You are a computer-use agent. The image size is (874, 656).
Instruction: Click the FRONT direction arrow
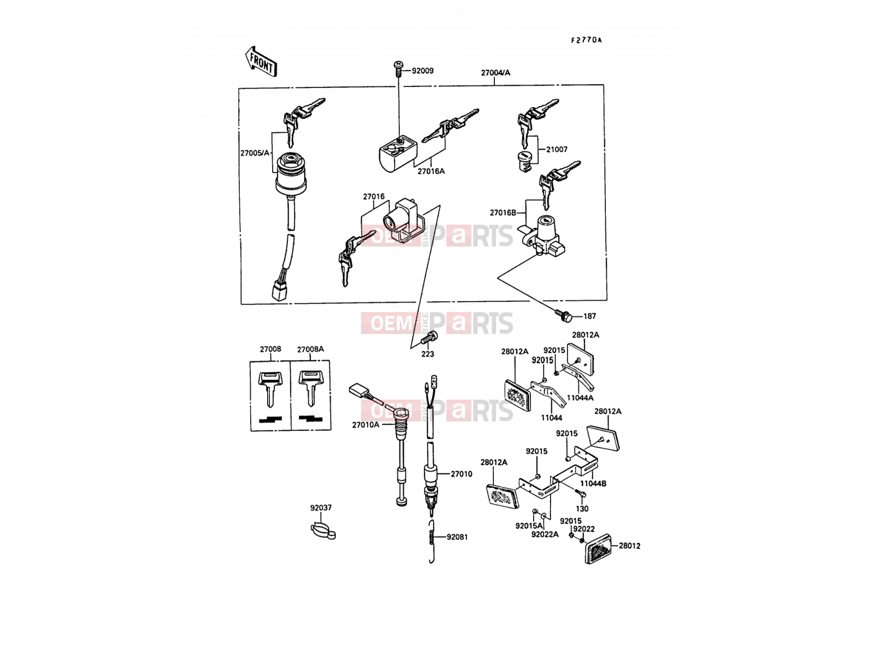pyautogui.click(x=261, y=62)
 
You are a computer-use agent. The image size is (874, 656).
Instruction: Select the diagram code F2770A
pyautogui.click(x=586, y=40)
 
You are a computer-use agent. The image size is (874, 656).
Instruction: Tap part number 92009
pyautogui.click(x=422, y=71)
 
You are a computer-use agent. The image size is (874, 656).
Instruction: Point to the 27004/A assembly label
pyautogui.click(x=495, y=73)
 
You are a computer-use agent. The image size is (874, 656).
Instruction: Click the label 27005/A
pyautogui.click(x=255, y=153)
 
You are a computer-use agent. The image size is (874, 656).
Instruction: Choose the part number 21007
pyautogui.click(x=557, y=149)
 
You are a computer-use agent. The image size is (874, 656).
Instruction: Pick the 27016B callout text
pyautogui.click(x=503, y=213)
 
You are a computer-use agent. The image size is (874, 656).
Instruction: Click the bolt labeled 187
pyautogui.click(x=563, y=317)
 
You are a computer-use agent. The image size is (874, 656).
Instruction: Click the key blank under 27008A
pyautogui.click(x=311, y=388)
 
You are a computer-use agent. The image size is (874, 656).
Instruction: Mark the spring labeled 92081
pyautogui.click(x=432, y=541)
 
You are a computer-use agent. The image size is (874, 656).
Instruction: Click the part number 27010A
pyautogui.click(x=365, y=425)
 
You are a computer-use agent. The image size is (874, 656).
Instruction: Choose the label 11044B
pyautogui.click(x=593, y=484)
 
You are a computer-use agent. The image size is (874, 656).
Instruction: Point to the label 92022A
pyautogui.click(x=545, y=535)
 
